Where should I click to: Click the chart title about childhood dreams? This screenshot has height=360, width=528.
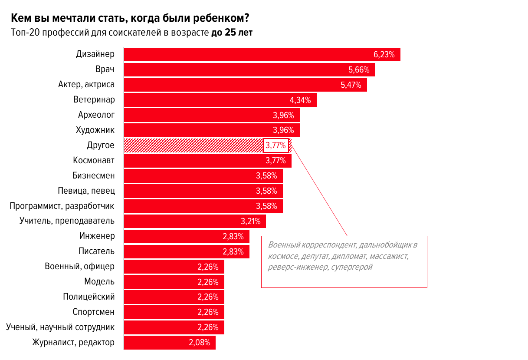pyautogui.click(x=130, y=19)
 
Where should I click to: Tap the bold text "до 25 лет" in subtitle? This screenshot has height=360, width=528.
pyautogui.click(x=232, y=33)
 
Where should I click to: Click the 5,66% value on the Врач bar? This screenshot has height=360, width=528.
pyautogui.click(x=359, y=69)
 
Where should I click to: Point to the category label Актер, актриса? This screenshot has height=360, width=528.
pyautogui.click(x=86, y=85)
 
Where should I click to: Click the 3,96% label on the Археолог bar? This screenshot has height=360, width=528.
pyautogui.click(x=283, y=115)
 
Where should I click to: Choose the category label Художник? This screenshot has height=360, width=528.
pyautogui.click(x=95, y=130)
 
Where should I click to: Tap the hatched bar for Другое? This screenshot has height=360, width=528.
pyautogui.click(x=193, y=145)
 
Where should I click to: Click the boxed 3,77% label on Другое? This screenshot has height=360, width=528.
pyautogui.click(x=275, y=145)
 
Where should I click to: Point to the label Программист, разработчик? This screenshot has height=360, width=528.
pyautogui.click(x=62, y=206)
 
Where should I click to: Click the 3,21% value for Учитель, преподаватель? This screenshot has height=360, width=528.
pyautogui.click(x=251, y=221)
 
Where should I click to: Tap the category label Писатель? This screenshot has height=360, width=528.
pyautogui.click(x=96, y=251)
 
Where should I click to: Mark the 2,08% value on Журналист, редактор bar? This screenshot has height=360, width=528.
pyautogui.click(x=200, y=342)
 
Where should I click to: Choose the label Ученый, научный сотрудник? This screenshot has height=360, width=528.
pyautogui.click(x=60, y=327)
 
